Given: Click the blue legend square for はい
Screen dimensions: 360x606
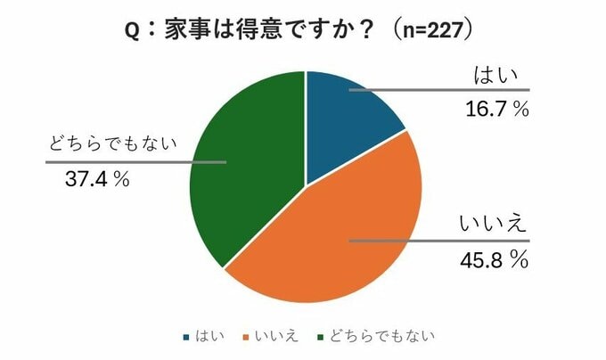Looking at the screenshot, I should (186, 337).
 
